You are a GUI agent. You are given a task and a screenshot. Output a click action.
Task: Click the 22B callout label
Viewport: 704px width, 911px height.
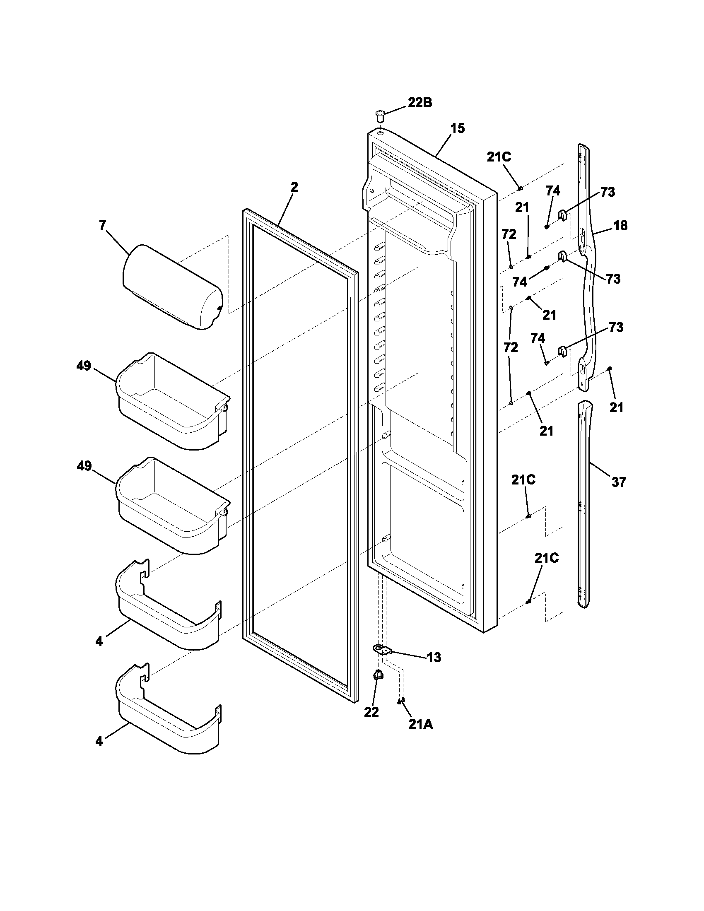420,103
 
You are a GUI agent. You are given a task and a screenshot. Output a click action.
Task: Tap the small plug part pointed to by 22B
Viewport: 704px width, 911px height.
380,116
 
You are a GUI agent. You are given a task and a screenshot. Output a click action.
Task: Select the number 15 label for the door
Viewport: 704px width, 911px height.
457,128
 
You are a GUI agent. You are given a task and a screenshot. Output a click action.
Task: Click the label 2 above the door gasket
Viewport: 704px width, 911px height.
294,187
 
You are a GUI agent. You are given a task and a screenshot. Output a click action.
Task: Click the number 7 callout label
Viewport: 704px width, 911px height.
103,225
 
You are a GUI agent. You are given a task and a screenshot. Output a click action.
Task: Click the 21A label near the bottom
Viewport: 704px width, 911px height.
420,725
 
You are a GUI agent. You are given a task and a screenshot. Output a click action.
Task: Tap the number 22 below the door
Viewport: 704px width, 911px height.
371,712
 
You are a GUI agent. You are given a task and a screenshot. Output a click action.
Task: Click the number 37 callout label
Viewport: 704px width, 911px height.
619,482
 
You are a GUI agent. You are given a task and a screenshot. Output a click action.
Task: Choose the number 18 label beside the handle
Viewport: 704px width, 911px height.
620,226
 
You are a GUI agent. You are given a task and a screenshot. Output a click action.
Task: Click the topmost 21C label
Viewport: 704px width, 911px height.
499,157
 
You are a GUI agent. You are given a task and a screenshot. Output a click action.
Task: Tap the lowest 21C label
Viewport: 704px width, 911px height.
546,558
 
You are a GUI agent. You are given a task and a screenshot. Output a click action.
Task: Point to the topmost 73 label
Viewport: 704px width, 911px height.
608,192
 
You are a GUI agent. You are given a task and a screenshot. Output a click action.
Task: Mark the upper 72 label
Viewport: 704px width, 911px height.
509,234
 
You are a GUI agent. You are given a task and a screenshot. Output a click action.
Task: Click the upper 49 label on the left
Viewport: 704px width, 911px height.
84,366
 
